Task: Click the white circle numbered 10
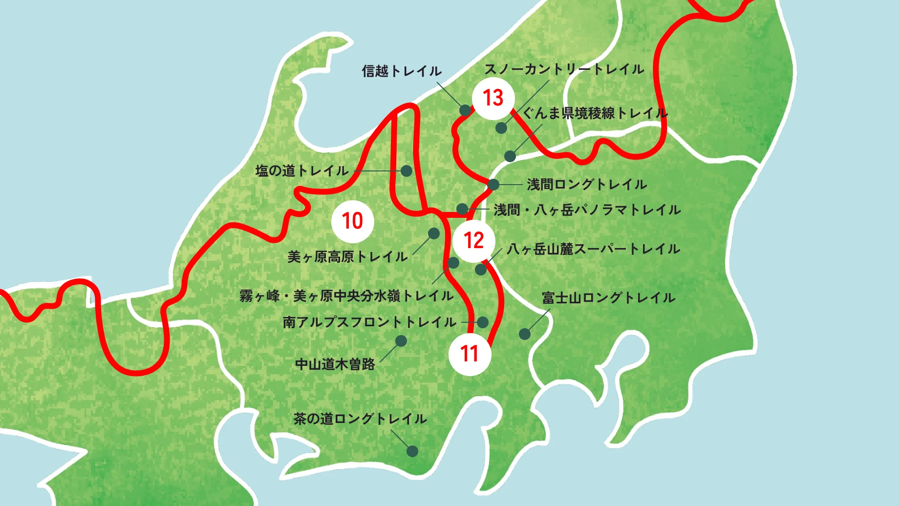pos(352,221)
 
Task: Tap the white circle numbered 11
pos(470,354)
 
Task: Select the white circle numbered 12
pos(473,241)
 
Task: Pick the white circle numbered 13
pos(493,98)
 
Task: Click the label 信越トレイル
pos(402,71)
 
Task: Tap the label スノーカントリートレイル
pos(564,69)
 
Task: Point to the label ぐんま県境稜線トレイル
pos(595,113)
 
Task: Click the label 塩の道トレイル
pos(302,171)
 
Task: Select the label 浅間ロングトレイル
pos(587,185)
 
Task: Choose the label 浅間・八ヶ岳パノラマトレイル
pos(587,210)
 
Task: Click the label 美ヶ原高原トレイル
pos(347,257)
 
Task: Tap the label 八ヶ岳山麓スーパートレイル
pos(593,249)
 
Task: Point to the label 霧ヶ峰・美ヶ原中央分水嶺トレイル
pos(346,296)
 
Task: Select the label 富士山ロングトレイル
pos(608,298)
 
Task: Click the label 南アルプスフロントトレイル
pos(369,322)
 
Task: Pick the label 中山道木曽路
pos(335,364)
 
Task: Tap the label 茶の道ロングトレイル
pos(360,419)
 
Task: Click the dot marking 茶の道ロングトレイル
pos(412,451)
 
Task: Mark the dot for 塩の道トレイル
pos(407,171)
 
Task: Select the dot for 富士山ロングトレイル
pos(524,334)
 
